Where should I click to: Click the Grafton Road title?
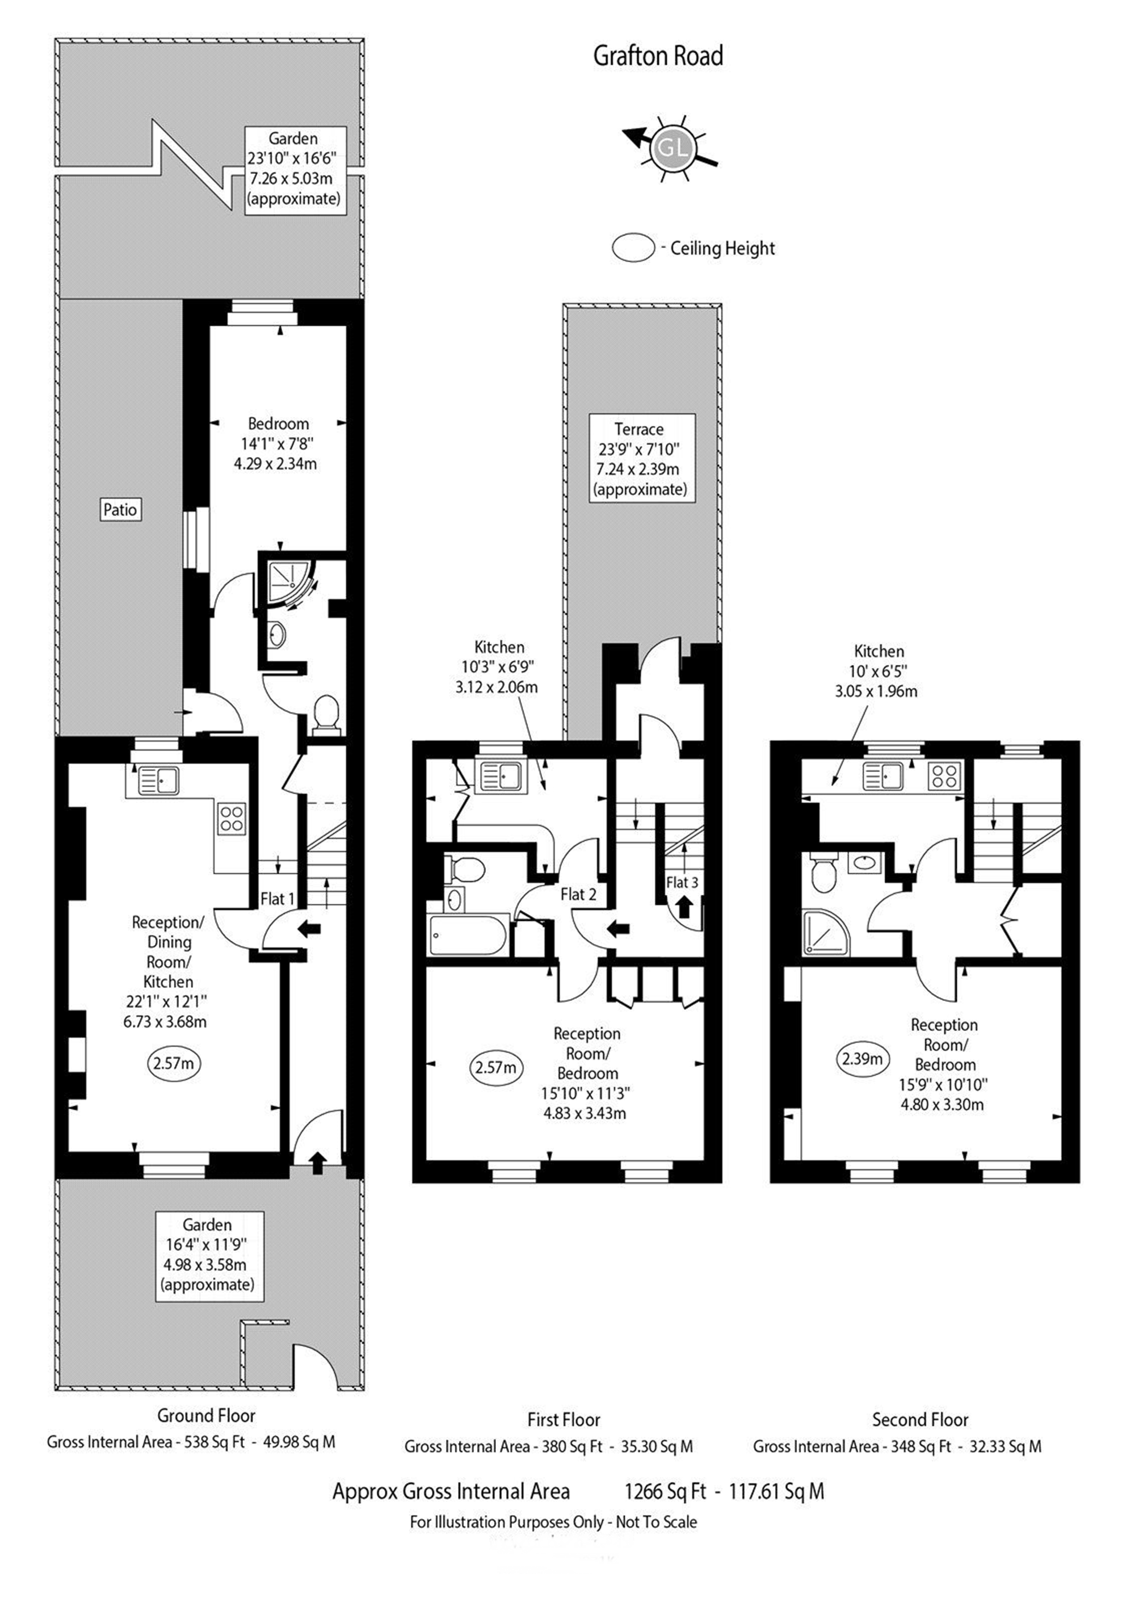tap(658, 56)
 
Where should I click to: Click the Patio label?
tap(120, 509)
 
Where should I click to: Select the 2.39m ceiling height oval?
tap(861, 1058)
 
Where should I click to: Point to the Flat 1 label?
tap(277, 898)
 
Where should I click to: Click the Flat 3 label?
tap(682, 882)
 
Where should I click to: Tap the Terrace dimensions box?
tap(642, 458)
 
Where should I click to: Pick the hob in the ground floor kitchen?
tap(232, 819)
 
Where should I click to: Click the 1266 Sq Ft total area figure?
tap(665, 1491)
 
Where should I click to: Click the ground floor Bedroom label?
tap(278, 424)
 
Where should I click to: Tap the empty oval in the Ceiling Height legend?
tap(633, 248)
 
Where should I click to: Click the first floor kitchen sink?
tap(501, 775)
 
